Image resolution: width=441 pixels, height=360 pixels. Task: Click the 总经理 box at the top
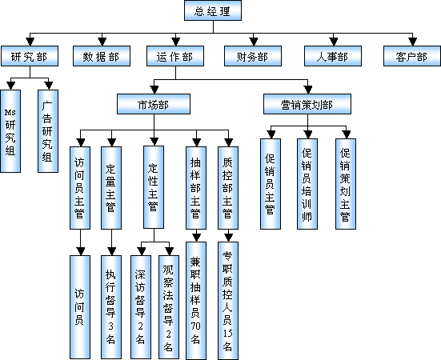[213, 10]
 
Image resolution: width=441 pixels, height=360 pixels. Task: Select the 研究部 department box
[30, 56]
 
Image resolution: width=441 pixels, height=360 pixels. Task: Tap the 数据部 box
[102, 56]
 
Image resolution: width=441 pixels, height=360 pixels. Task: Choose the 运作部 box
[175, 56]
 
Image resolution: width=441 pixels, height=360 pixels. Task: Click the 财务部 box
[253, 56]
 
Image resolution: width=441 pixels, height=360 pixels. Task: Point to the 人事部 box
[333, 56]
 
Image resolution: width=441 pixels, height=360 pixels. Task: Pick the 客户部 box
[412, 56]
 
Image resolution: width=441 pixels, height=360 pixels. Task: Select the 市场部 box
[154, 104]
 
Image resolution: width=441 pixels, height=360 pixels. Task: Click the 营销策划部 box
[307, 104]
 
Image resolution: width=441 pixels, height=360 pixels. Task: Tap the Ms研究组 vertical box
[10, 131]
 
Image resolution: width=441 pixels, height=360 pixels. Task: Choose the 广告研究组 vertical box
[48, 131]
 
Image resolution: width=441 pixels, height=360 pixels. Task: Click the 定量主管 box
[111, 188]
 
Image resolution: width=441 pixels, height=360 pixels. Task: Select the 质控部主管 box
[228, 188]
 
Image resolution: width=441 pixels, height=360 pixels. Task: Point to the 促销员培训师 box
[307, 184]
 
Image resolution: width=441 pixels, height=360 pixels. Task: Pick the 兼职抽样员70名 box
[196, 301]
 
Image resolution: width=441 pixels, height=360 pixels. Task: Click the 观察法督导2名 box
[169, 307]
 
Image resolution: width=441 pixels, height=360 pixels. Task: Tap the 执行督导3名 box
[111, 307]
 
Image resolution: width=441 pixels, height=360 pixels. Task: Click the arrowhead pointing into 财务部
[254, 42]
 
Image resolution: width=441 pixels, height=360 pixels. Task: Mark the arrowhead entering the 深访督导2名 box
[141, 251]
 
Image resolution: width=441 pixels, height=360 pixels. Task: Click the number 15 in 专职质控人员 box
[228, 333]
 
